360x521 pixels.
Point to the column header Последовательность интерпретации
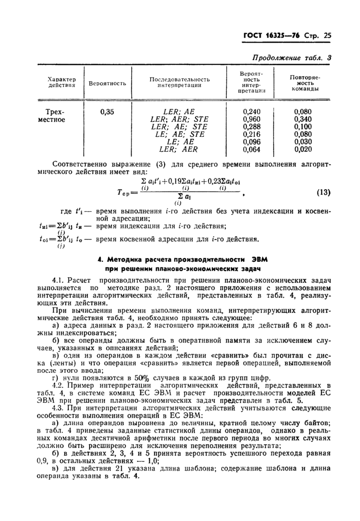click(x=179, y=82)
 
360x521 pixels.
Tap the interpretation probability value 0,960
click(x=251, y=119)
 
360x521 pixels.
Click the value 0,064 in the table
click(x=251, y=150)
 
